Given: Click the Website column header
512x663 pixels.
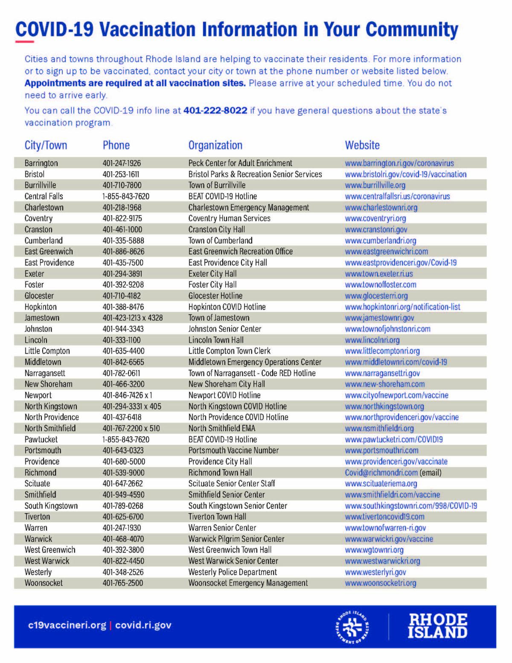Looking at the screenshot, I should coord(362,145).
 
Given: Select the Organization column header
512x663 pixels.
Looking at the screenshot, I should coord(215,145).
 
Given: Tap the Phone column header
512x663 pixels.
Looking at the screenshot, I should coord(116,145).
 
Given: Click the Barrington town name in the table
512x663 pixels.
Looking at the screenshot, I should coord(41,163).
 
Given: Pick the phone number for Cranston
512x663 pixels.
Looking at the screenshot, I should coord(122,229).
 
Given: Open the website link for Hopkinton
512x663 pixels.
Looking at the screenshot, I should coord(402,307).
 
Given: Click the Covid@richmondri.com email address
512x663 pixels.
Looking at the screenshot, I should coord(381,473).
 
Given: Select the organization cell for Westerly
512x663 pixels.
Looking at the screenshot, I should coord(233,572).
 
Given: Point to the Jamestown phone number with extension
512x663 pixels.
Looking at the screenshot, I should coord(132,318).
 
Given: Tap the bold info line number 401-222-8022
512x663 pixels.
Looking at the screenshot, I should coord(215,111).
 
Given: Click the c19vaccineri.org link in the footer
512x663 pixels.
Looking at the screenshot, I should coord(67,625).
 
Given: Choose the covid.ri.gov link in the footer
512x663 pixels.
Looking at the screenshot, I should coord(143,625).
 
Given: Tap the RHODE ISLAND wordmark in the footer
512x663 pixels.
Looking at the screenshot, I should coord(437,626).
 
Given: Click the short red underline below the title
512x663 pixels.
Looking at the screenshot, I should coord(24,42).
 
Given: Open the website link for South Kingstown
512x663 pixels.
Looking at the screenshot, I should coord(410,506).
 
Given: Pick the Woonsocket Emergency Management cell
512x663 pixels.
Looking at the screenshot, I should coord(248,583).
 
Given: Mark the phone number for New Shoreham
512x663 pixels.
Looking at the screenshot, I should coord(123,384).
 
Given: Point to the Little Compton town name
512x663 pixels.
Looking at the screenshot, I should coord(47,351).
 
